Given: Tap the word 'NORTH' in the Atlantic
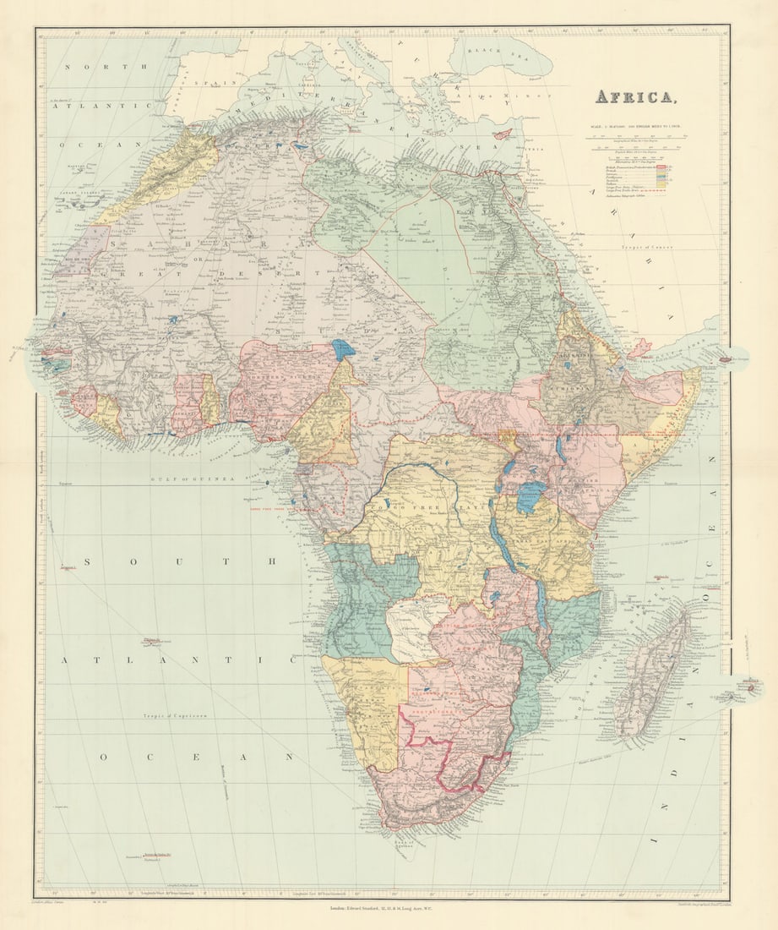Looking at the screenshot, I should pyautogui.click(x=107, y=66).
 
